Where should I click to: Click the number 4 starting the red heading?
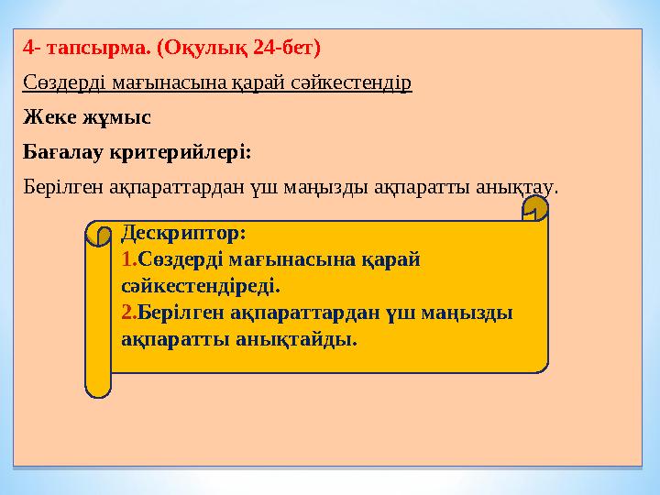pos(28,45)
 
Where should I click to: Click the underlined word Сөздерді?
pos(64,82)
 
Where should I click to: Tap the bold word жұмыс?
pos(116,117)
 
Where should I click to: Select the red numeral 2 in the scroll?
pos(127,313)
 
